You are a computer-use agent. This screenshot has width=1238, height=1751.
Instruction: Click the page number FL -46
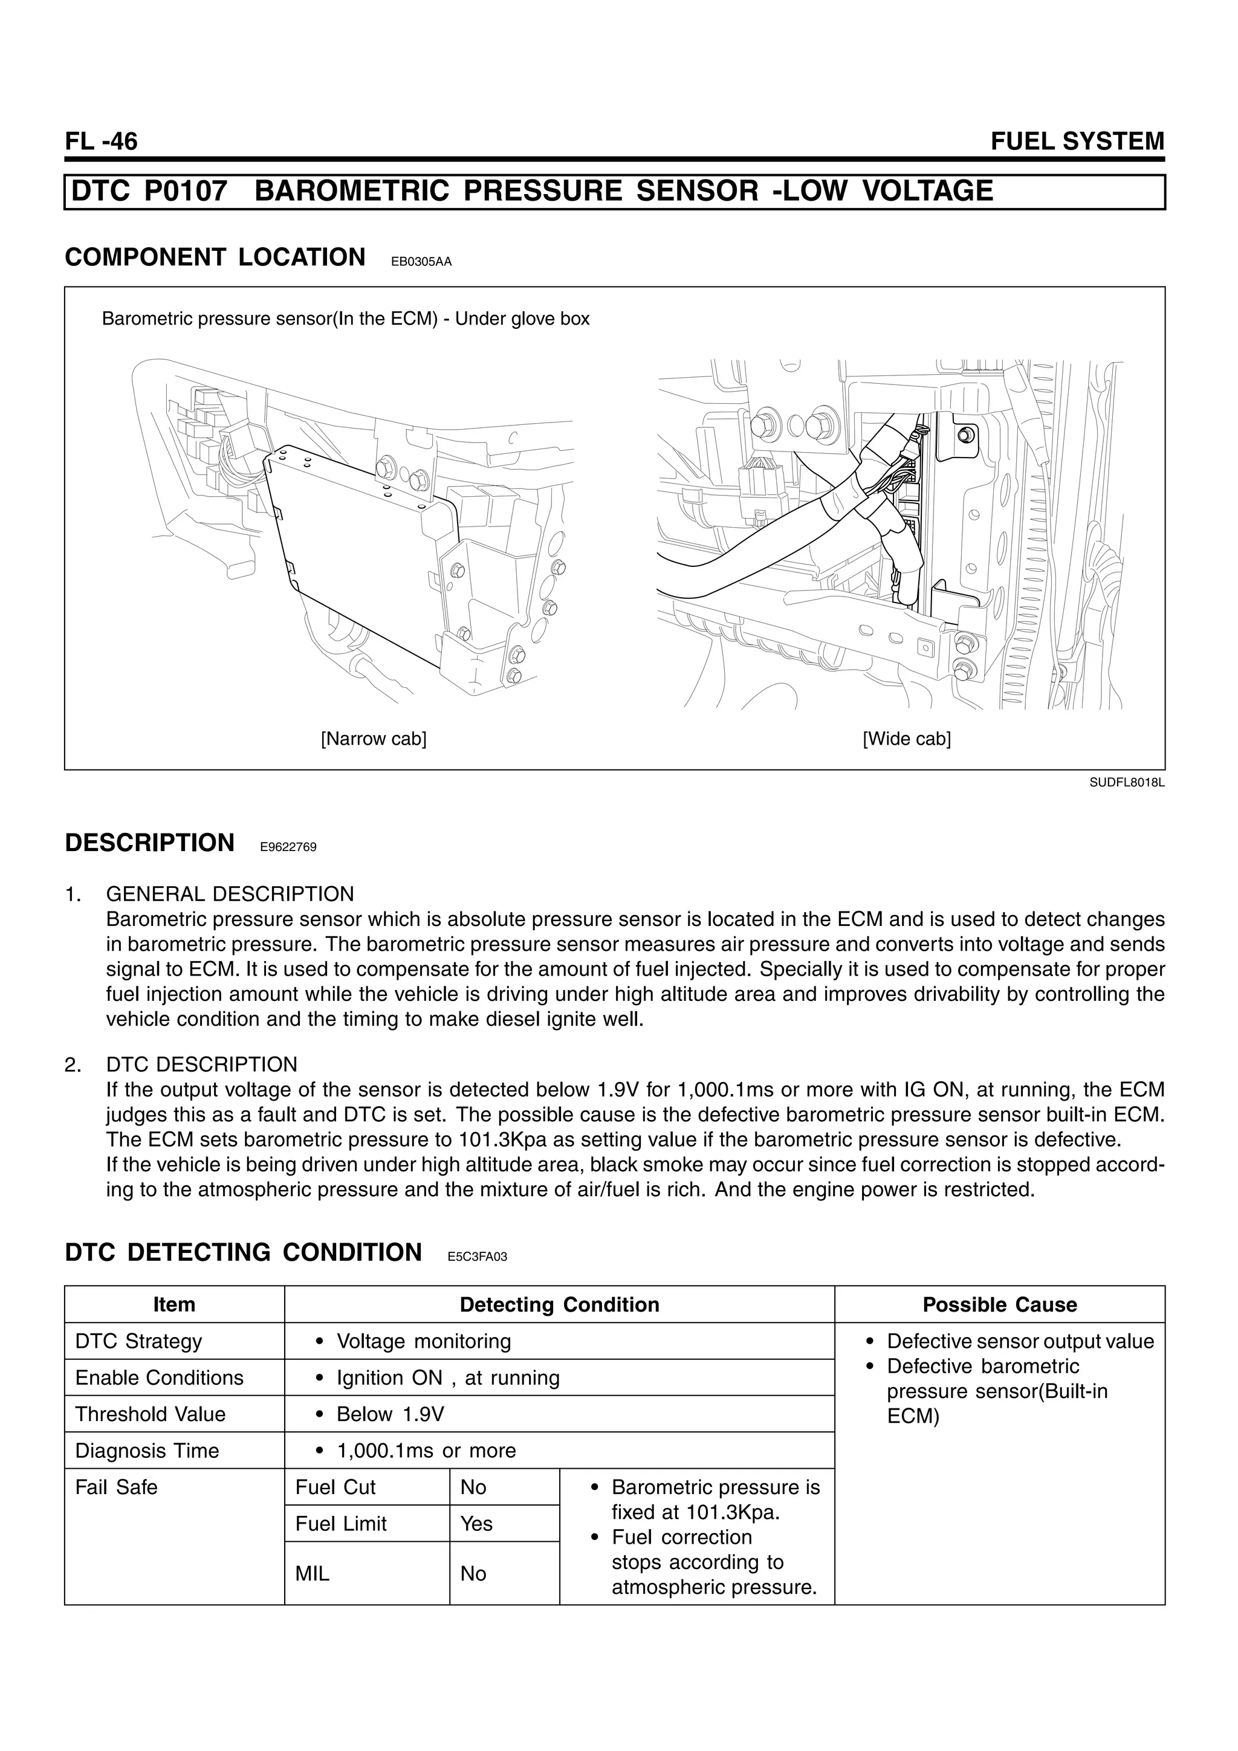click(102, 142)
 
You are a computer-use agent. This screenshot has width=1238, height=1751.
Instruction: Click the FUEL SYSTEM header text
click(1077, 142)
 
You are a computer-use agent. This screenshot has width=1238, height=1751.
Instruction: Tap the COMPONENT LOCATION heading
click(215, 257)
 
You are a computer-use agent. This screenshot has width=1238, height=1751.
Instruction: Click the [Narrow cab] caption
click(373, 739)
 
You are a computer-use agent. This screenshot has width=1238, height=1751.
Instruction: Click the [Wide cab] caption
click(906, 739)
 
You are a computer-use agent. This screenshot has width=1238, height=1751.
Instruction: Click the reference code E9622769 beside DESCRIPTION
click(288, 847)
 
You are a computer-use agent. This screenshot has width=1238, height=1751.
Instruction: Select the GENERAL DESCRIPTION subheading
click(230, 894)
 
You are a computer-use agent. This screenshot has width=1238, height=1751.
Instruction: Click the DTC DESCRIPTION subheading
click(201, 1064)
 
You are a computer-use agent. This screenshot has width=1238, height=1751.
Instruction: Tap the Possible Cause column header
click(999, 1305)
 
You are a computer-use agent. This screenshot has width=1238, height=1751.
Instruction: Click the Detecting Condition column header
click(559, 1305)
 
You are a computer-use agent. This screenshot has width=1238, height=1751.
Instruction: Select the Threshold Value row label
click(151, 1415)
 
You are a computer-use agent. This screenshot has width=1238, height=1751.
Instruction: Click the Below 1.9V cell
click(390, 1415)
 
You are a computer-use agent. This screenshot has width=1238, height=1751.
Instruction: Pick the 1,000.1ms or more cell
click(426, 1451)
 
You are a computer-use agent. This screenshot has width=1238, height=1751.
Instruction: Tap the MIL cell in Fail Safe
click(312, 1574)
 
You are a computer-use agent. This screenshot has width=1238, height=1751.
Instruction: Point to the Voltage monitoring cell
click(423, 1341)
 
